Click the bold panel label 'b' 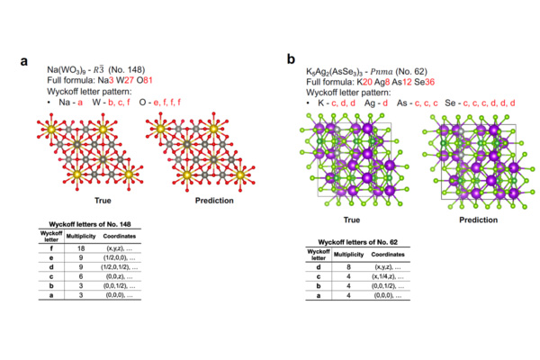[x=290, y=58]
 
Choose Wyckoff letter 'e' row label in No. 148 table [x=42, y=256]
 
